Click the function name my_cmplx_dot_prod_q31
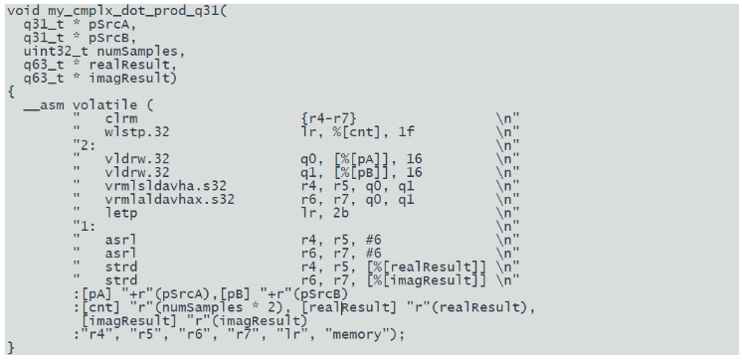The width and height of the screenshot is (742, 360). tap(133, 10)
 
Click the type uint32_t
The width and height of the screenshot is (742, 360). tap(57, 51)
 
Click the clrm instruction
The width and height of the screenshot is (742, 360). tap(121, 118)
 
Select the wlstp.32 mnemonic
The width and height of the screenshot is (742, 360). tap(136, 131)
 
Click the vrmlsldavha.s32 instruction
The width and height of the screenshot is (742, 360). tap(166, 186)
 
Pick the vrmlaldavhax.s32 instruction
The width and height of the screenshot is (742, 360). tap(169, 199)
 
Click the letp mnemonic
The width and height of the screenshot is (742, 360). tap(121, 213)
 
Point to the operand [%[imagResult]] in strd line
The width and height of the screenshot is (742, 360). tap(427, 280)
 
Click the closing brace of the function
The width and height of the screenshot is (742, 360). tap(11, 348)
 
